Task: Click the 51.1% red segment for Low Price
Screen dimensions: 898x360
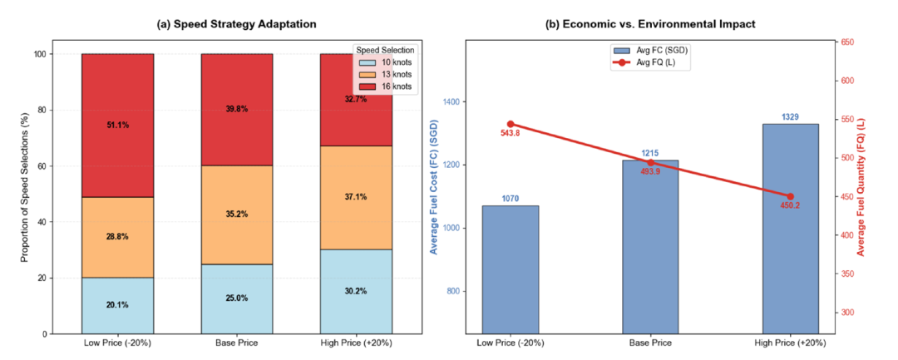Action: pyautogui.click(x=117, y=126)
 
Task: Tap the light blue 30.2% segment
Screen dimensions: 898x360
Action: pyautogui.click(x=356, y=291)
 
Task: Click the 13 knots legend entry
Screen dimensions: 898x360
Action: pyautogui.click(x=383, y=74)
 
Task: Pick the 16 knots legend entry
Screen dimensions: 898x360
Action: pyautogui.click(x=383, y=86)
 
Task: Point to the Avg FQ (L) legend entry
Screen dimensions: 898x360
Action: pyautogui.click(x=650, y=62)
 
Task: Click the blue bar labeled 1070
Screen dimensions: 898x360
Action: pyautogui.click(x=511, y=269)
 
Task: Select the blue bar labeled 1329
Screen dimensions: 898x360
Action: pyautogui.click(x=791, y=229)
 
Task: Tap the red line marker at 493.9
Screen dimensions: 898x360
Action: pyautogui.click(x=650, y=163)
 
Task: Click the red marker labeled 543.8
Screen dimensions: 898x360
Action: pyautogui.click(x=511, y=124)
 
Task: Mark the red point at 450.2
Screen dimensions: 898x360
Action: pyautogui.click(x=791, y=196)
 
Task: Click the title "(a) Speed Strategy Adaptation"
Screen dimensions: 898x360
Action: pyautogui.click(x=236, y=25)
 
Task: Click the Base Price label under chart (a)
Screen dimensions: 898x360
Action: pyautogui.click(x=236, y=343)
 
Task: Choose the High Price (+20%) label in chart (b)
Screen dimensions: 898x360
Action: pyautogui.click(x=791, y=343)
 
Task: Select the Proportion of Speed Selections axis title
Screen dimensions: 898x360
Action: pyautogui.click(x=24, y=194)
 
